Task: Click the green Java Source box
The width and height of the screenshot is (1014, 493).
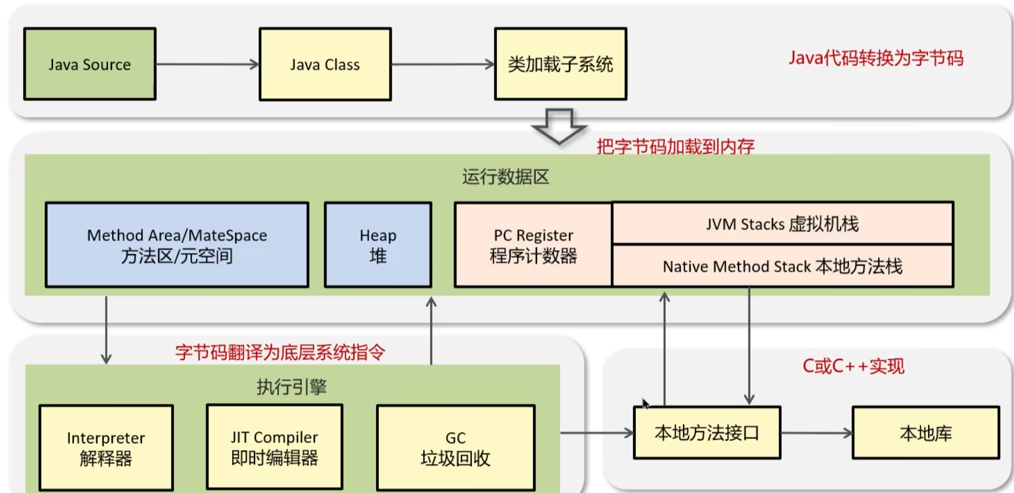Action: click(90, 64)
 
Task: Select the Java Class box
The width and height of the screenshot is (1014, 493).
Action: click(325, 64)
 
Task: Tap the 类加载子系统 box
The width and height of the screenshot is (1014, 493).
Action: click(560, 64)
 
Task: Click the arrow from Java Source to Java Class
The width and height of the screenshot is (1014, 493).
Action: click(207, 64)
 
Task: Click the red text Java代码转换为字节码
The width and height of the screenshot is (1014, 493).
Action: click(876, 58)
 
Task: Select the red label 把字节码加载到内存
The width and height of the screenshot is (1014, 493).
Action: click(675, 146)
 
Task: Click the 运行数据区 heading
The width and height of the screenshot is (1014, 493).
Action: click(506, 177)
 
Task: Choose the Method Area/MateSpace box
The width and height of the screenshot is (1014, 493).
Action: click(177, 245)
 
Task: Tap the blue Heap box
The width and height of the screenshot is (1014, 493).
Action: click(378, 245)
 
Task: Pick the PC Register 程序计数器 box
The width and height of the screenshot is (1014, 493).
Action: click(533, 245)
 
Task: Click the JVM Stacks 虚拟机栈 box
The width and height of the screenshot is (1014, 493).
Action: click(782, 223)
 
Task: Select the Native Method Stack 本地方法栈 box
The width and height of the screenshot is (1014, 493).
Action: click(782, 266)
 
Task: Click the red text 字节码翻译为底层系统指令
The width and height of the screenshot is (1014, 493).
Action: click(280, 352)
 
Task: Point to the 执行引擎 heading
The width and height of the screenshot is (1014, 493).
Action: click(292, 386)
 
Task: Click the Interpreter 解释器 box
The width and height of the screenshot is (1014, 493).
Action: click(106, 448)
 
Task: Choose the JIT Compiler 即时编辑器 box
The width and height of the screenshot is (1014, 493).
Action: click(274, 447)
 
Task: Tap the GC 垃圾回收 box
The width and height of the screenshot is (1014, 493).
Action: click(455, 448)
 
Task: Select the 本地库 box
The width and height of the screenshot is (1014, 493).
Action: click(926, 433)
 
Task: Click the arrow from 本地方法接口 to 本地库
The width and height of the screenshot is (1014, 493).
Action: click(816, 433)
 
